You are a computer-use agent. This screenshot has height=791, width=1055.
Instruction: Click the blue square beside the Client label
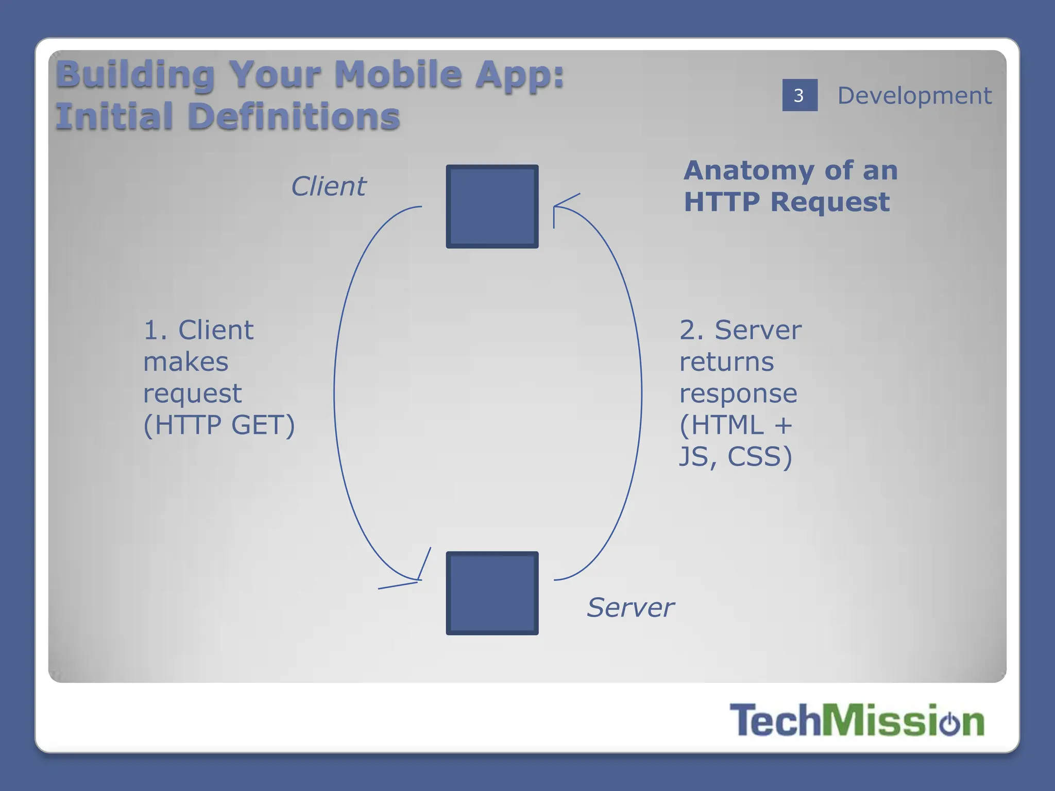492,207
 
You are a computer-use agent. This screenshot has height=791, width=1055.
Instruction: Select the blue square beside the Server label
492,593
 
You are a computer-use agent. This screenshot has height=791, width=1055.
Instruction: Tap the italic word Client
328,186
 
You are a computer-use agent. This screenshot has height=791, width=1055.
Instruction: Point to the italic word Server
630,607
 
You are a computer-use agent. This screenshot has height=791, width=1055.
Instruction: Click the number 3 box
799,95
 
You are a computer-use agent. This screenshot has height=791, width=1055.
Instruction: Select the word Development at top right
914,96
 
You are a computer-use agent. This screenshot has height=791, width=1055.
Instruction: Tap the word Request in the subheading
830,201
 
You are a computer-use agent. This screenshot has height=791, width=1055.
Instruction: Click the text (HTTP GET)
219,425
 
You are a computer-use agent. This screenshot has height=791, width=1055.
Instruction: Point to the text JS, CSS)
735,456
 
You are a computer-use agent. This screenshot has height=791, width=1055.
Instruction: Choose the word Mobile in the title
398,74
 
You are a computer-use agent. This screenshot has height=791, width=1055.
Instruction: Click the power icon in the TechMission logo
949,723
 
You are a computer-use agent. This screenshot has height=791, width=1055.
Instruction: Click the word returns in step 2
726,362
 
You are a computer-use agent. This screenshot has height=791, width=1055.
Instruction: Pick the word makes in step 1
185,362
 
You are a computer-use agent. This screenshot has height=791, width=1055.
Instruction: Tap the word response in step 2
738,393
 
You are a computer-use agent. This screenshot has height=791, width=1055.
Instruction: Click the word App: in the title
519,74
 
